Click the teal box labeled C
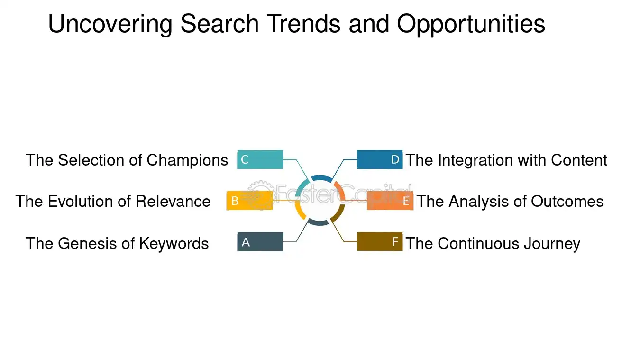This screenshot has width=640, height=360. pyautogui.click(x=260, y=159)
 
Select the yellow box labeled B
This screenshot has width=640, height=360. pyautogui.click(x=249, y=201)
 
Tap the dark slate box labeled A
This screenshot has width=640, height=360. pyautogui.click(x=260, y=242)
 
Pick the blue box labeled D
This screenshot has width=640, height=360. pyautogui.click(x=379, y=159)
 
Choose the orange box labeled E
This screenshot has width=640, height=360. pyautogui.click(x=390, y=201)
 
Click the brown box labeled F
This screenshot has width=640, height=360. pyautogui.click(x=379, y=242)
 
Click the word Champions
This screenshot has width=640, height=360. pyautogui.click(x=187, y=160)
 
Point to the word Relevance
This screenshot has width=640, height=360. pyautogui.click(x=173, y=201)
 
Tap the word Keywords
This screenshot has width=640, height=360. pyautogui.click(x=174, y=243)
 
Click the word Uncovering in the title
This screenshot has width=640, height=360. pyautogui.click(x=110, y=24)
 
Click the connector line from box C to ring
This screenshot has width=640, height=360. pyautogui.click(x=302, y=169)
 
